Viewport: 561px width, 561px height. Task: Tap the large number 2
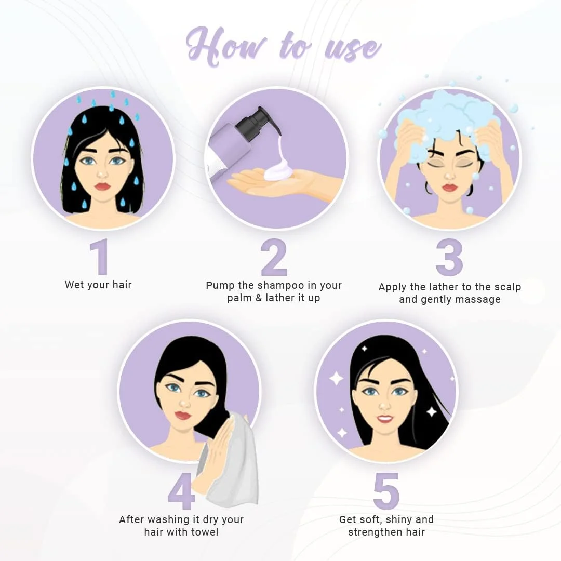274,257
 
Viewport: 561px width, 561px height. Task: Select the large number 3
449,257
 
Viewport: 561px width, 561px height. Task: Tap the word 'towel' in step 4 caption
205,532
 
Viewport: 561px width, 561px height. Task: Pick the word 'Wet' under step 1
74,285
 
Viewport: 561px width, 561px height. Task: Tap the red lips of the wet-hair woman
102,186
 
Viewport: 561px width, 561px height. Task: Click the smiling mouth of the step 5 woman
385,418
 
